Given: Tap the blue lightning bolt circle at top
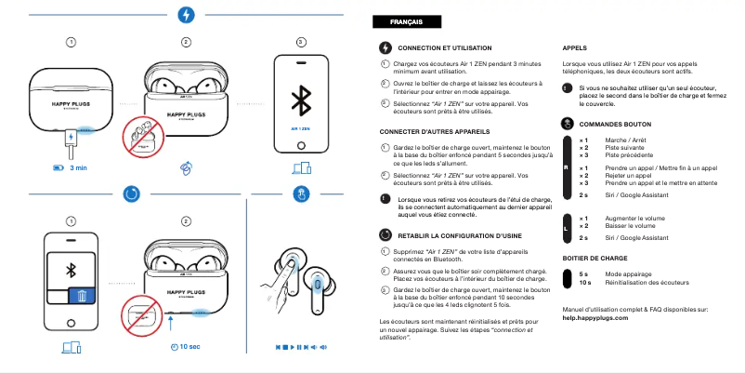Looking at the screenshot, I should [x=186, y=15].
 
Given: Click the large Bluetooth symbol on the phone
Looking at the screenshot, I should [x=300, y=100].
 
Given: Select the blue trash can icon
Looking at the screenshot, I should [x=81, y=297].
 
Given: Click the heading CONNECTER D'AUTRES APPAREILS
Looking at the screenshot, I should [x=437, y=132].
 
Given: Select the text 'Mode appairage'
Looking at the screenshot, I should [x=629, y=274].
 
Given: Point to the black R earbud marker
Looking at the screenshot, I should [x=566, y=167].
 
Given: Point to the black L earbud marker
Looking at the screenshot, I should [x=566, y=227].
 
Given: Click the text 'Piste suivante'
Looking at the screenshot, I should [x=624, y=147].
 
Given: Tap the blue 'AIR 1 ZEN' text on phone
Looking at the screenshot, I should [x=300, y=129].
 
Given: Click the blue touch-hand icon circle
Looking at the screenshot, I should [x=300, y=193].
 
